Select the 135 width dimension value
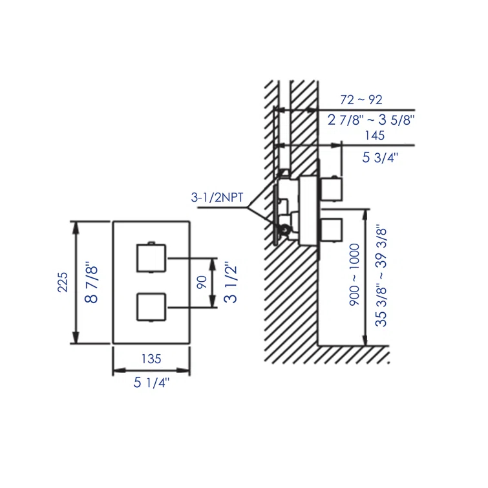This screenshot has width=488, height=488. pos(151,358)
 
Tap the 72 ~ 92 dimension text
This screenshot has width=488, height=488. pos(361,100)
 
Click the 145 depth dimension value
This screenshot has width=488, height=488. pos(374,136)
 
